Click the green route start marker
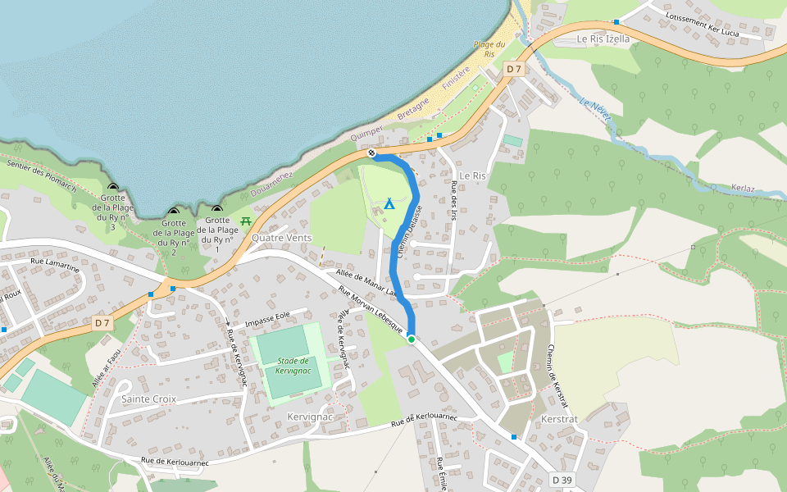click(x=411, y=339)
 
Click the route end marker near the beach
click(x=372, y=153)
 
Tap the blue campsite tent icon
click(x=389, y=203)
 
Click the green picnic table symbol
click(x=246, y=221)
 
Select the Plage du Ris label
click(x=489, y=48)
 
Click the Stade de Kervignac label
click(x=293, y=366)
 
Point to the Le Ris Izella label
click(x=603, y=39)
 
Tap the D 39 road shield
click(x=562, y=479)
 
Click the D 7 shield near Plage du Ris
click(x=513, y=69)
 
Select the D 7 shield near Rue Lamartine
click(x=102, y=322)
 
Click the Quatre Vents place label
click(x=283, y=238)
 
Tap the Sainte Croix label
click(x=148, y=399)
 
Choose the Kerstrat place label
click(x=560, y=419)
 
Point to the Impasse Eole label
click(x=267, y=315)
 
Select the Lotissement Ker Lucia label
click(x=703, y=25)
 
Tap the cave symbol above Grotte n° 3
click(x=113, y=188)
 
